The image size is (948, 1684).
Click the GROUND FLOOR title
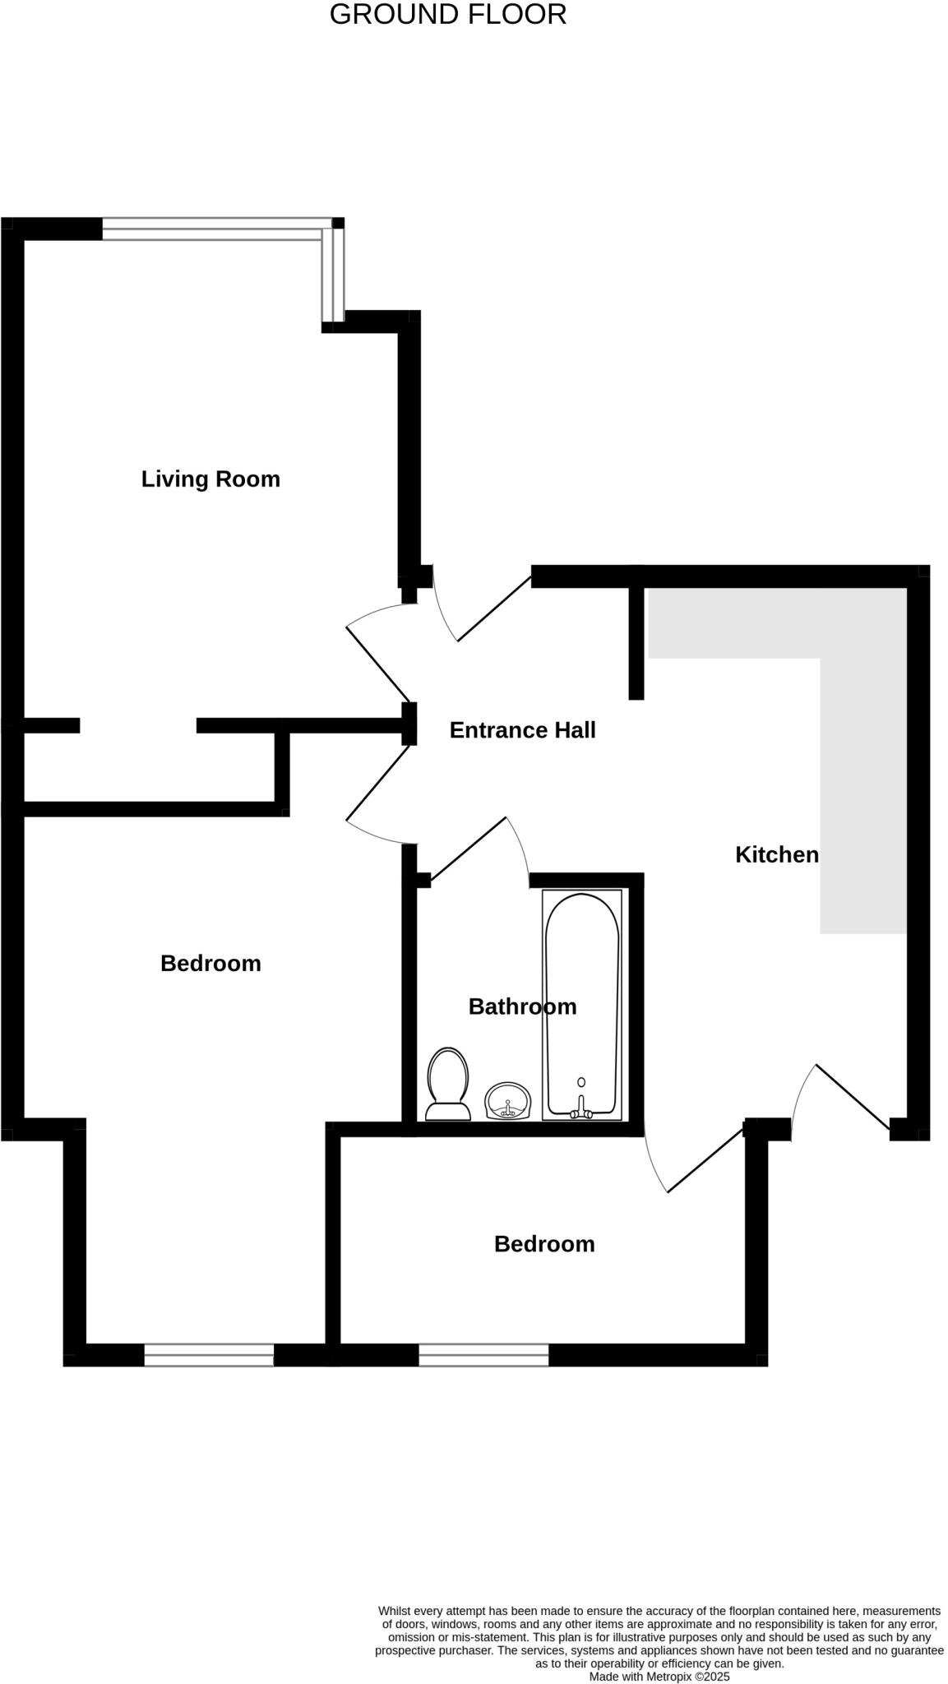point(448,14)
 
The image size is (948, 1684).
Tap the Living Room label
point(210,479)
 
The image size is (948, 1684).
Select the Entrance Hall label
point(522,730)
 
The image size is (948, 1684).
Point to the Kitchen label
point(777,854)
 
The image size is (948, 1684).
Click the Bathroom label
point(522,1006)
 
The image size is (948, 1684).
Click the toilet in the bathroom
point(448,1084)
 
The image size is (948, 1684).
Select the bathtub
point(582,1005)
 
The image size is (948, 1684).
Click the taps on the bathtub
point(581,1107)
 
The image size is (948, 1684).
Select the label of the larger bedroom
point(210,963)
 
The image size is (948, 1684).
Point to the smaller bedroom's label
point(544,1244)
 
